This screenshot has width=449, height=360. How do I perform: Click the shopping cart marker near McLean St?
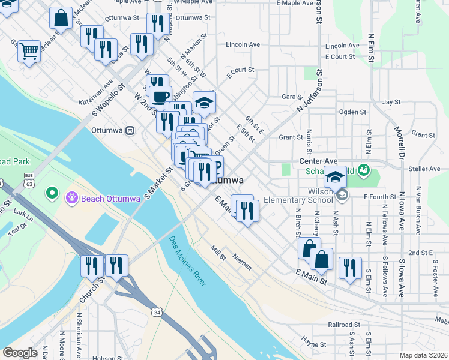click(29, 52)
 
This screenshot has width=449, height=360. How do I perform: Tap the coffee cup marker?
click(160, 97)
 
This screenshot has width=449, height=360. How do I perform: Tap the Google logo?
click(20, 353)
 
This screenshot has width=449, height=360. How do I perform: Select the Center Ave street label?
click(318, 161)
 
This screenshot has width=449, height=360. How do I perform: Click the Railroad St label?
click(344, 325)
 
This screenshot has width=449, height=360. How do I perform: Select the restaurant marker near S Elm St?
click(350, 267)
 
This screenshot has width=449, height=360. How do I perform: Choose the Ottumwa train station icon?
click(130, 130)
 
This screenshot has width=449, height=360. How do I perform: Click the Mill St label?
click(217, 253)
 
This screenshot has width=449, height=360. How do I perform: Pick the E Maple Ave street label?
click(295, 3)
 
